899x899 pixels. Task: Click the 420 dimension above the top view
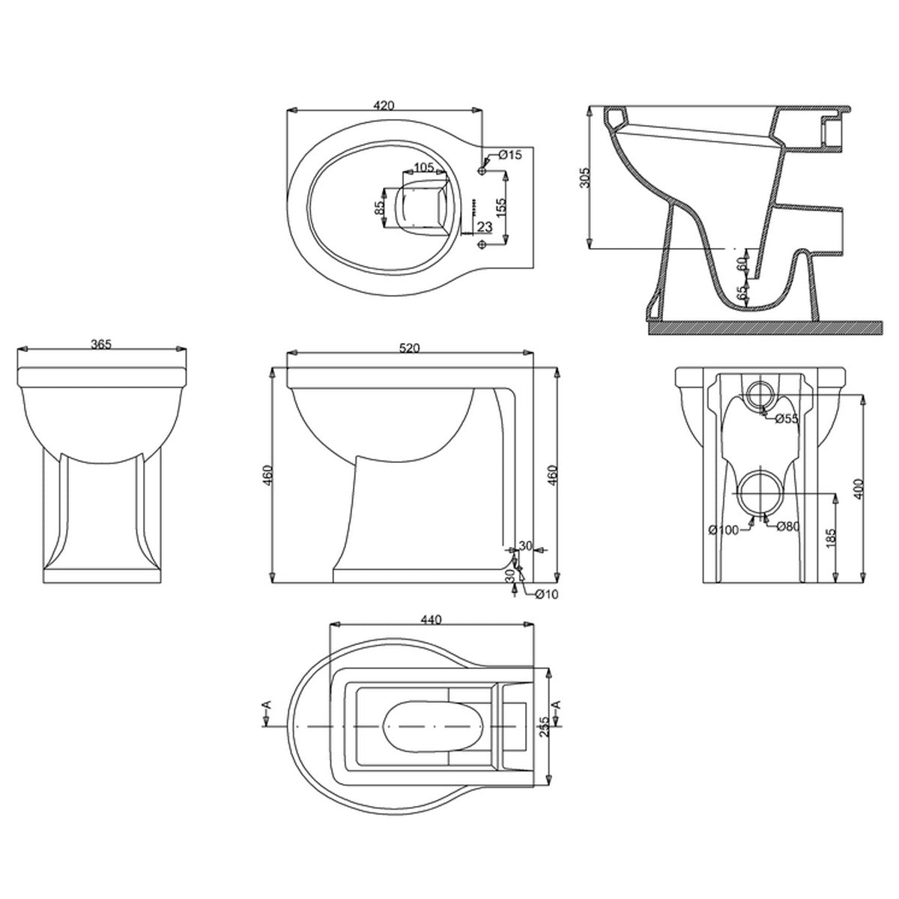[383, 105]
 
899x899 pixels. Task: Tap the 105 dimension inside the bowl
[423, 167]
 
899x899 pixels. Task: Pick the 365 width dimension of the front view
[100, 345]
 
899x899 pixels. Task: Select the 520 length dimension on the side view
[409, 348]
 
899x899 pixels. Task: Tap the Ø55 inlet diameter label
[787, 418]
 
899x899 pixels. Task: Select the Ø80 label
[788, 526]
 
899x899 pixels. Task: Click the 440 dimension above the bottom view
[432, 620]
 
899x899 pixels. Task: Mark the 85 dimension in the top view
[380, 205]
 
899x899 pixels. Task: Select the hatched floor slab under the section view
[760, 327]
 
